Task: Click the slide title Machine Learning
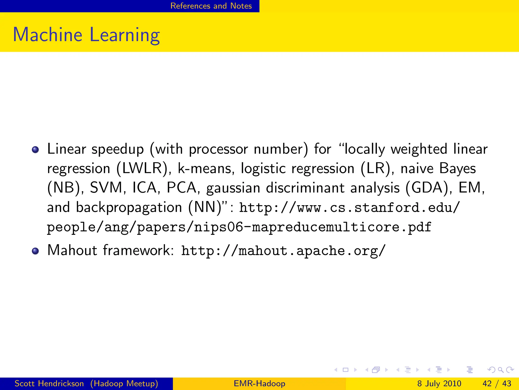pyautogui.click(x=86, y=35)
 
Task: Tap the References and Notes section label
pyautogui.click(x=211, y=6)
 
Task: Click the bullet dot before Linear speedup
pyautogui.click(x=35, y=150)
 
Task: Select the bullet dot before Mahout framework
pyautogui.click(x=35, y=251)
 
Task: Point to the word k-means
pyautogui.click(x=206, y=168)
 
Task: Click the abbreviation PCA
pyautogui.click(x=181, y=188)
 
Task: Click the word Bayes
pyautogui.click(x=457, y=168)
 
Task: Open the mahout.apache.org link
pyautogui.click(x=283, y=251)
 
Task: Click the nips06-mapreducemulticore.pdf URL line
pyautogui.click(x=239, y=227)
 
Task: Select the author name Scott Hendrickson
pyautogui.click(x=49, y=383)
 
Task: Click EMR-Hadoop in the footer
pyautogui.click(x=259, y=383)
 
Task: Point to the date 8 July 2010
pyautogui.click(x=439, y=383)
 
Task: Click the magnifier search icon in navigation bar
pyautogui.click(x=501, y=370)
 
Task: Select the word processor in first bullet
pyautogui.click(x=218, y=150)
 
